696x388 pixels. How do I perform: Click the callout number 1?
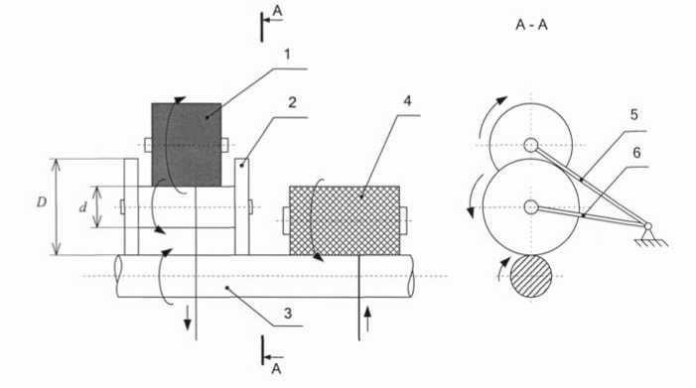click(x=287, y=55)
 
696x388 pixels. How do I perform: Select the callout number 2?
click(x=292, y=102)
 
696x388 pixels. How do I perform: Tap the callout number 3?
click(x=288, y=313)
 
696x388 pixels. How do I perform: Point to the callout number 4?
click(x=407, y=101)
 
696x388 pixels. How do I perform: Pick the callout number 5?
click(x=634, y=115)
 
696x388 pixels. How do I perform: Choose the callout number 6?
click(x=636, y=153)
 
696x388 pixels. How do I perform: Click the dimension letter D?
click(x=42, y=202)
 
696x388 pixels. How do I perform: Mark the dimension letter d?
click(x=83, y=207)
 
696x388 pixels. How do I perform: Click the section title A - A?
click(x=531, y=25)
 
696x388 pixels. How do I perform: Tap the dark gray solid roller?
click(x=187, y=145)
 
